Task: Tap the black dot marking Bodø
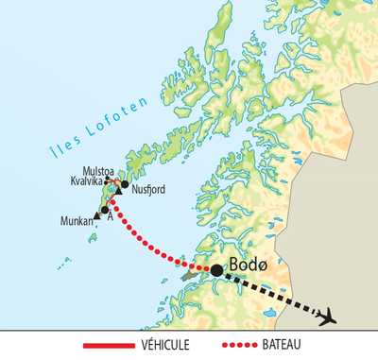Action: (216, 270)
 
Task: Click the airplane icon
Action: (327, 317)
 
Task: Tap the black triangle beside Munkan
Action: (98, 216)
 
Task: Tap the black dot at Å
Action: (105, 209)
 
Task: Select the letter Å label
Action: (112, 216)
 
